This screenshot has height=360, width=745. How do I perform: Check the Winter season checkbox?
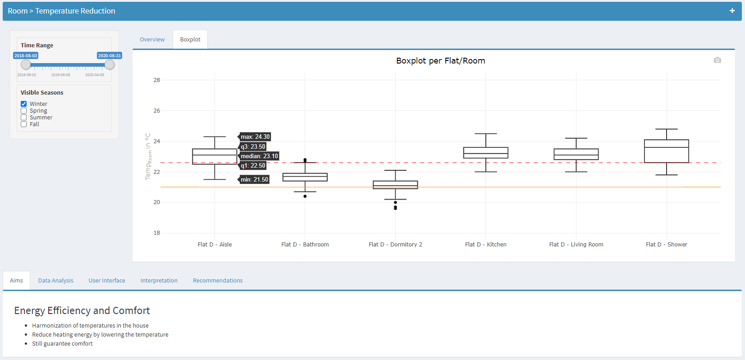click(x=24, y=104)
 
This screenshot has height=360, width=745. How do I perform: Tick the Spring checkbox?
click(x=24, y=111)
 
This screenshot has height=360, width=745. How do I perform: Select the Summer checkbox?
click(x=24, y=118)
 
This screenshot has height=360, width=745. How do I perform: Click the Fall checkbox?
click(x=24, y=124)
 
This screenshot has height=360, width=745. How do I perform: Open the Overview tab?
click(x=152, y=40)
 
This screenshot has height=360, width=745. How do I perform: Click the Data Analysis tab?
click(x=56, y=281)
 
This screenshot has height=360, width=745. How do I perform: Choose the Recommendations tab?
click(x=218, y=281)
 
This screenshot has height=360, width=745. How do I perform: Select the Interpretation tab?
click(x=159, y=281)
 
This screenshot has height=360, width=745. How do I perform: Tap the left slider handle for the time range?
click(x=26, y=64)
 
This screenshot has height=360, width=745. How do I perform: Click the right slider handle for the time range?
click(x=110, y=64)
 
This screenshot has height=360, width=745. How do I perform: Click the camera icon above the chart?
click(x=718, y=60)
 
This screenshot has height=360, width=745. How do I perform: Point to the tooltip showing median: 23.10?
click(x=259, y=156)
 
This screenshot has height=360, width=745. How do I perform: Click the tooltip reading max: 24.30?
click(x=255, y=137)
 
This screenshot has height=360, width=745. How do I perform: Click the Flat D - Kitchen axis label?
click(x=486, y=245)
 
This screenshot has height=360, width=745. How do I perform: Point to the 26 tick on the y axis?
click(x=157, y=111)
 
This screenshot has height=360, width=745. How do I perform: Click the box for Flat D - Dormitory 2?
click(x=395, y=185)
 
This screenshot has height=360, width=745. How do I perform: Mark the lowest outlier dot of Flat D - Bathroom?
click(x=305, y=196)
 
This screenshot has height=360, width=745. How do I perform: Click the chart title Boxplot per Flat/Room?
click(x=440, y=61)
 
